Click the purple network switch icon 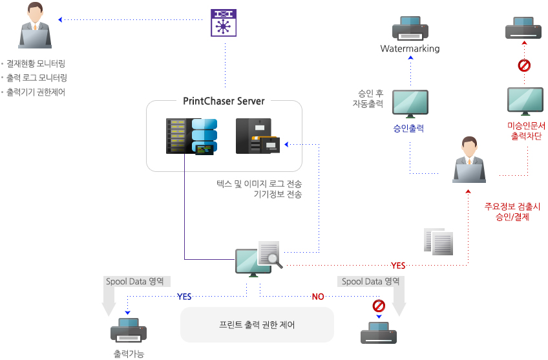point(224,23)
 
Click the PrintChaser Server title point(224,101)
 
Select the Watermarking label point(410,48)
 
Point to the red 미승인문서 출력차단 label point(525,131)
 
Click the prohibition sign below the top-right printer point(524,65)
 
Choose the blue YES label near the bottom point(184,297)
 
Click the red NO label point(318,297)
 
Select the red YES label point(398,266)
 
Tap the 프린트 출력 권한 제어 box point(257,324)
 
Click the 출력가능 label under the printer point(128,354)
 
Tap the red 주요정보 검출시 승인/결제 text point(512,212)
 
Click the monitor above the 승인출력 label point(410,103)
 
